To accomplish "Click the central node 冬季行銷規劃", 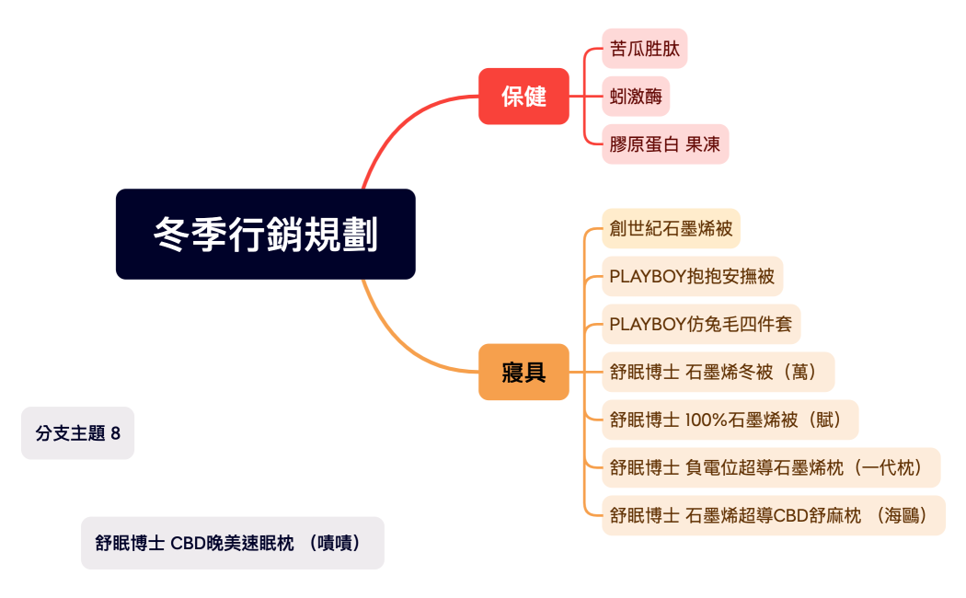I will pos(265,234).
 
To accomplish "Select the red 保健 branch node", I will pos(523,96).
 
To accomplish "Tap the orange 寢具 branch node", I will pos(523,372).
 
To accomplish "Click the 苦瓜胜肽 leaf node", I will pos(644,49).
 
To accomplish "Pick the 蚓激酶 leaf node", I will pos(636,97).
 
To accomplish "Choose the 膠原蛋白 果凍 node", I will pos(665,144).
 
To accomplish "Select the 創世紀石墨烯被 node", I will pos(671,228).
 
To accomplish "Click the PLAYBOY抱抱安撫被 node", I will pos(692,276).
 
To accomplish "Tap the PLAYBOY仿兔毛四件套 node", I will pos(701,324).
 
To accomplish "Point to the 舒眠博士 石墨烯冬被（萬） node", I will pos(718,372).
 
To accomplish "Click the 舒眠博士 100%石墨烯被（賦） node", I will pos(730,420).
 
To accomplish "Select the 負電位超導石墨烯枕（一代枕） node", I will pos(771,467).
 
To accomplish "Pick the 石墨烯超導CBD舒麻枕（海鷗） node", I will pos(774,515).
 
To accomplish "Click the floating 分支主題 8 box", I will pos(78,433).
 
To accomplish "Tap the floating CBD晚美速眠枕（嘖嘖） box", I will pos(232,543).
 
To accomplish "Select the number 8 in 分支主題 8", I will pos(115,433).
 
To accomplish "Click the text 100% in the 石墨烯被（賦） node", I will pos(706,420).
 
